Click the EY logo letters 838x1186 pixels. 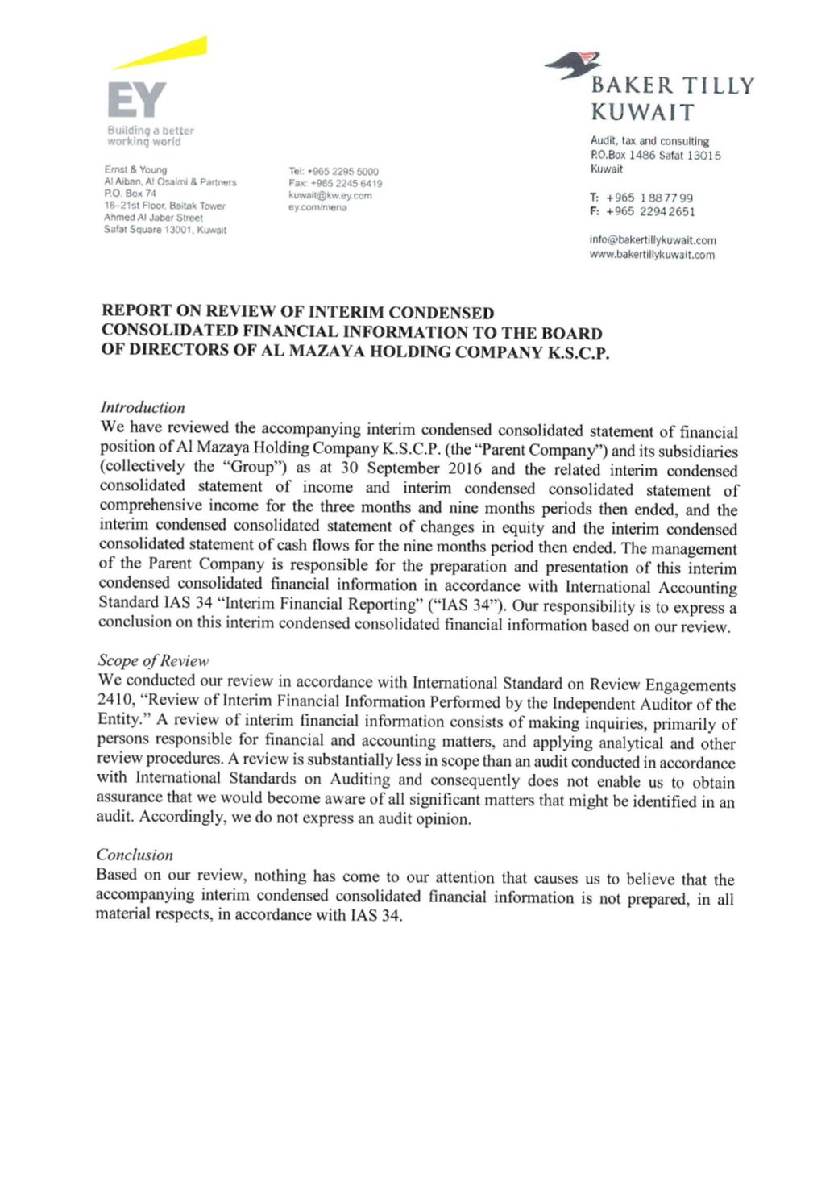click(136, 100)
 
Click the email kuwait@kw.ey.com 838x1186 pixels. click(330, 195)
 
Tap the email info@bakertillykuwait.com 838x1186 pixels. click(653, 240)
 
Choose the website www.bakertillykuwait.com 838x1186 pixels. click(652, 255)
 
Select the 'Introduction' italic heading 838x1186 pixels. click(143, 407)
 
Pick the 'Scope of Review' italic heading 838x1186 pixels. click(153, 660)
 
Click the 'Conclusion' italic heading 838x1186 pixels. click(135, 855)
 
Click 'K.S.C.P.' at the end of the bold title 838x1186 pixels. click(578, 353)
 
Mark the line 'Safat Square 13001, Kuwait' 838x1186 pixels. click(165, 230)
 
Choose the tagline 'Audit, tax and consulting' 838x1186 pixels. click(649, 141)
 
